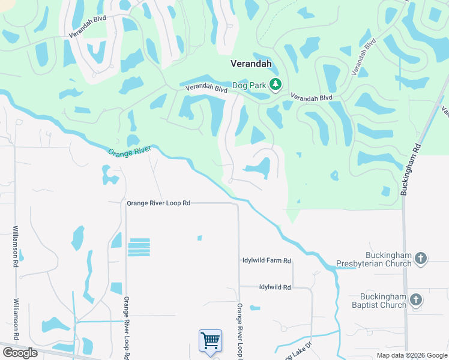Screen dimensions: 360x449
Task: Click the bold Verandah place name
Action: click(252, 63)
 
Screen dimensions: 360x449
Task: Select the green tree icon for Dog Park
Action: click(276, 85)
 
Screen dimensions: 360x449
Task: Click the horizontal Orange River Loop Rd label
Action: click(158, 204)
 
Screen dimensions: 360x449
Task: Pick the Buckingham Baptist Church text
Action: click(384, 301)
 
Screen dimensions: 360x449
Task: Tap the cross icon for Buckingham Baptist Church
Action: click(415, 301)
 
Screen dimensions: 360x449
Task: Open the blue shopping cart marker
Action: click(210, 341)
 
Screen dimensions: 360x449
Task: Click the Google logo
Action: click(20, 353)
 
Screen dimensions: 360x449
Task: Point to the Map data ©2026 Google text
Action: click(411, 355)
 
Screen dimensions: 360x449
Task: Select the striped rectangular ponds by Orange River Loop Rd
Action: click(139, 247)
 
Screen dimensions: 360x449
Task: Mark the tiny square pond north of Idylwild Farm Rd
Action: click(199, 238)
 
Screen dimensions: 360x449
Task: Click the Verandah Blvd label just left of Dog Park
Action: click(206, 88)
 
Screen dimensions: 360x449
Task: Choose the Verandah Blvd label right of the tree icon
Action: click(312, 97)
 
